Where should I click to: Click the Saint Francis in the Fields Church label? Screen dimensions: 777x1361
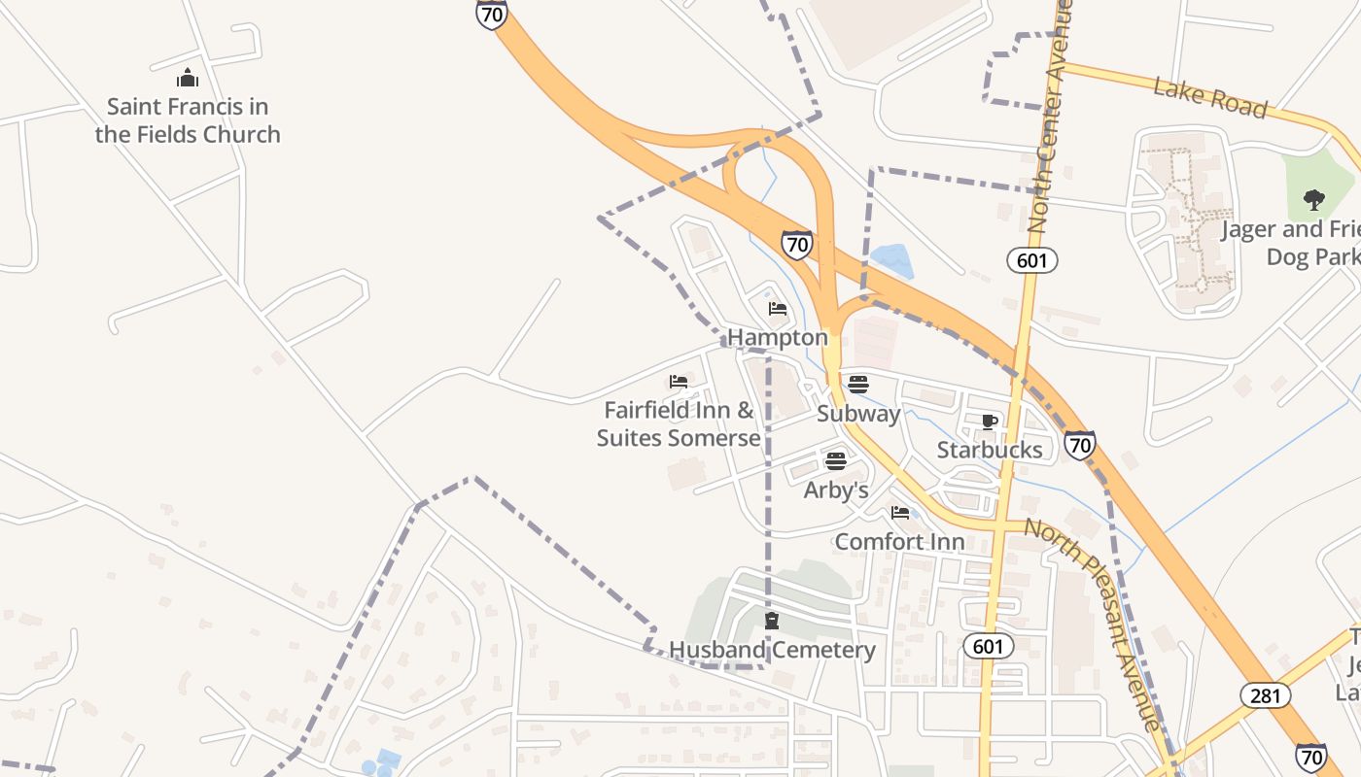[x=188, y=120]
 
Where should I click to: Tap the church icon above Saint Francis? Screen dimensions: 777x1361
[x=188, y=78]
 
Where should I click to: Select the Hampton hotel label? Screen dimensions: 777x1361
[x=778, y=337]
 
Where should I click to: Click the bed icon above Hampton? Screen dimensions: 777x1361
[x=778, y=309]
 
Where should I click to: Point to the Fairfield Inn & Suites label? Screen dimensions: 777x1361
[x=679, y=423]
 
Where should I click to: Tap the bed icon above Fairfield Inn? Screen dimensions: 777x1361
[x=679, y=382]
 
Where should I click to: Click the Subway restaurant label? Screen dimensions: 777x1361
[x=858, y=413]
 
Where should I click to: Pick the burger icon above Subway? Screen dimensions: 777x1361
[x=857, y=384]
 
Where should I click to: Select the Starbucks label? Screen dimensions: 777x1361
[x=990, y=450]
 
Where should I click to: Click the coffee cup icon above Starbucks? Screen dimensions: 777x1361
[x=990, y=422]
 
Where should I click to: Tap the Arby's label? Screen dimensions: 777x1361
[x=836, y=490]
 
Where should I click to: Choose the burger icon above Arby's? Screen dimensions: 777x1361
[x=836, y=460]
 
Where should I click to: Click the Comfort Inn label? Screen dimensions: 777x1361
[x=900, y=541]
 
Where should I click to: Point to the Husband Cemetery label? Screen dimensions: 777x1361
[x=772, y=650]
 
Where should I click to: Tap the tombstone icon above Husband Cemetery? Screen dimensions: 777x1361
[x=772, y=621]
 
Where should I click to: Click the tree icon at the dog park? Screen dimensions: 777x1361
[x=1314, y=201]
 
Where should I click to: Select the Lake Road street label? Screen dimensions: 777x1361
[x=1210, y=99]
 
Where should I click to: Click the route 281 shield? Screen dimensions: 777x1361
[x=1266, y=695]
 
